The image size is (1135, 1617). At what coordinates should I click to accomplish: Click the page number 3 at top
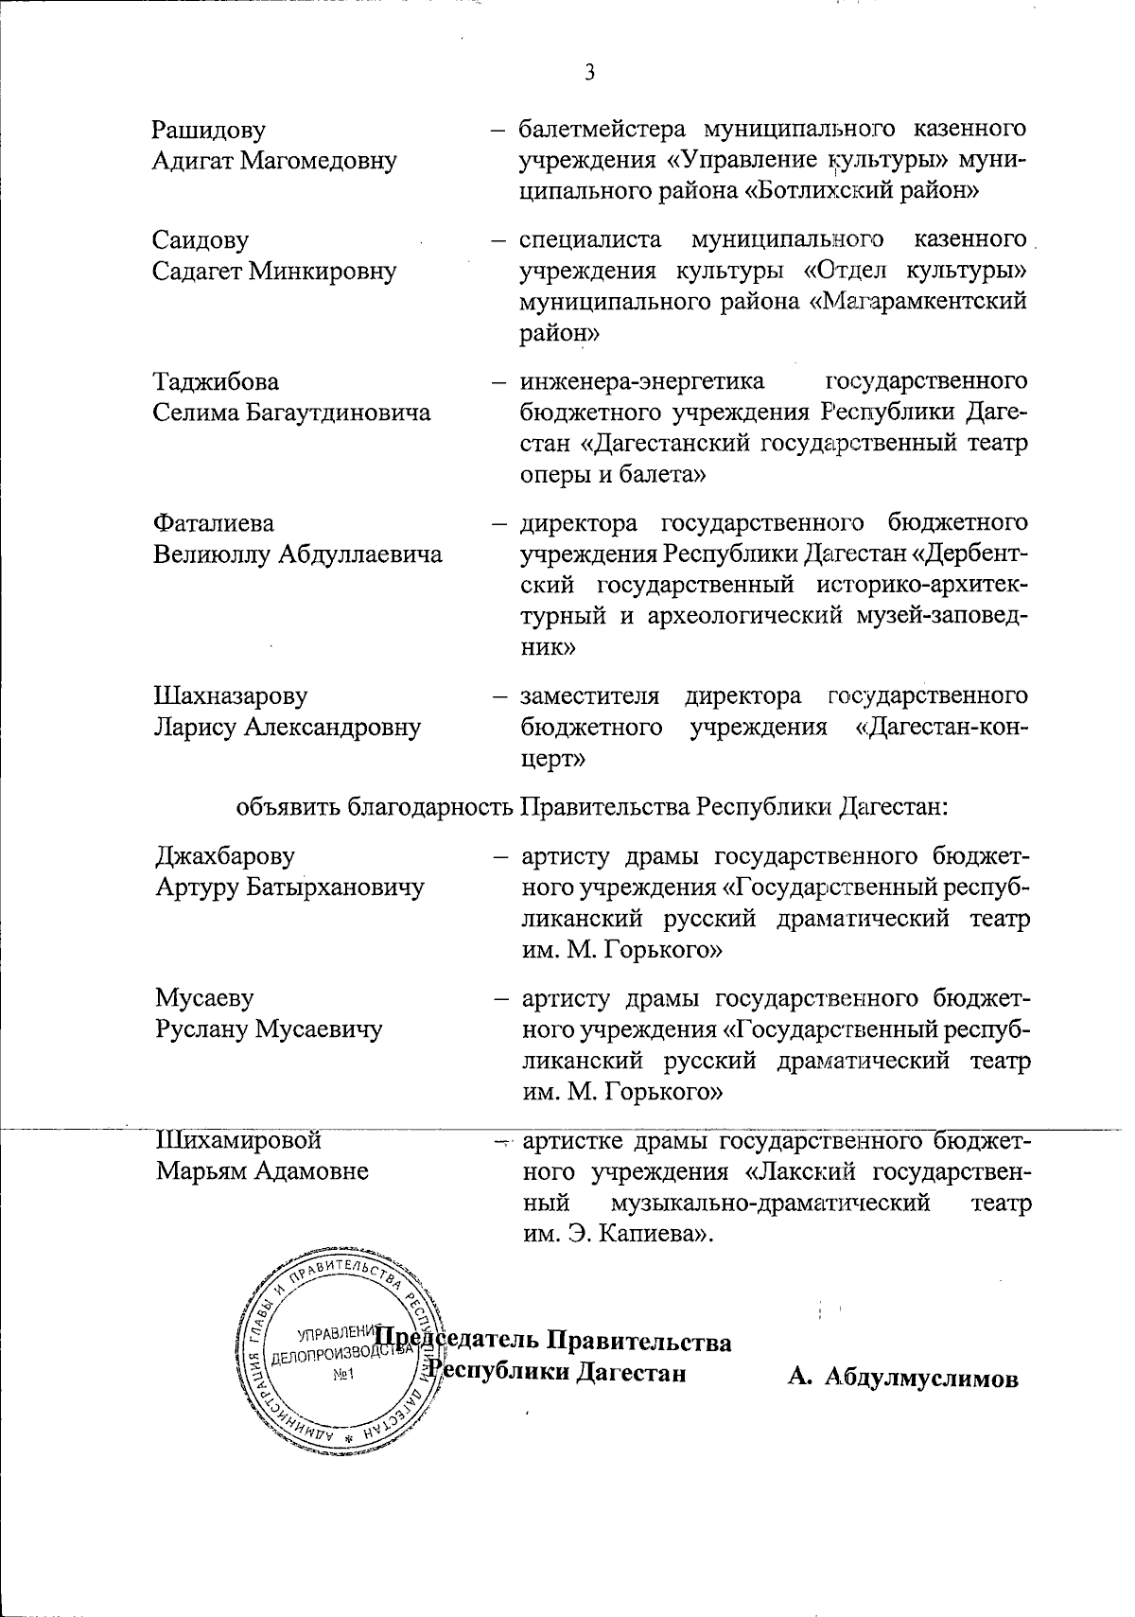tap(590, 73)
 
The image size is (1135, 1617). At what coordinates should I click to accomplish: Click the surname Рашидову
tap(209, 130)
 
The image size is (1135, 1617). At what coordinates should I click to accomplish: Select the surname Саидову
tap(201, 240)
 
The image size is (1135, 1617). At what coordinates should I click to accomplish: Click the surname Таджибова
tap(216, 381)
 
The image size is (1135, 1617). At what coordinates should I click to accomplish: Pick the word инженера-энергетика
tap(642, 381)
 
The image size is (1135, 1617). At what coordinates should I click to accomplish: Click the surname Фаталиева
tap(214, 523)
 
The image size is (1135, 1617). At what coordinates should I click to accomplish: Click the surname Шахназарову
tap(230, 696)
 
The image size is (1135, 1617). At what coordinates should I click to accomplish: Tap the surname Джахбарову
tap(224, 856)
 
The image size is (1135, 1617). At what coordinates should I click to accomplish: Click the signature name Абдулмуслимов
tap(921, 1379)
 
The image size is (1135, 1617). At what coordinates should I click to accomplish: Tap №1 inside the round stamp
tap(342, 1375)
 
